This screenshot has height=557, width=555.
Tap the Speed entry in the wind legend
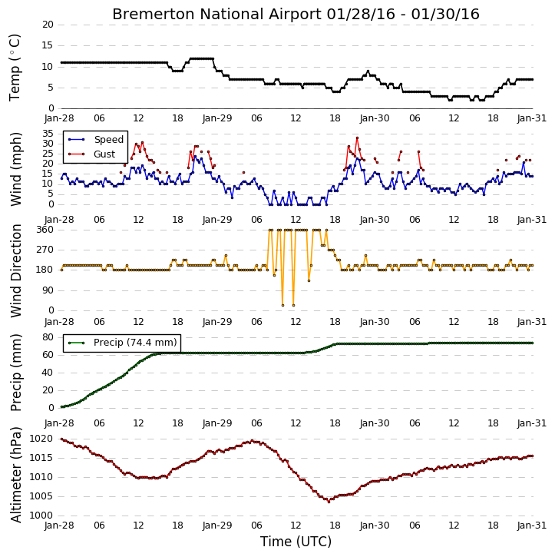pyautogui.click(x=108, y=139)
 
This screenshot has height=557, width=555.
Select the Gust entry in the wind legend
pyautogui.click(x=104, y=154)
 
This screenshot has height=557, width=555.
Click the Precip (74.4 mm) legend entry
pyautogui.click(x=135, y=343)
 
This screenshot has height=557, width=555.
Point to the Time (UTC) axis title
pyautogui.click(x=296, y=542)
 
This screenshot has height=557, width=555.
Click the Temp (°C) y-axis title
pyautogui.click(x=15, y=68)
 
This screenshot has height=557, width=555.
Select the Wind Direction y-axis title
pyautogui.click(x=16, y=270)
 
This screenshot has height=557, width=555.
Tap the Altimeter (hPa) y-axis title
pyautogui.click(x=16, y=475)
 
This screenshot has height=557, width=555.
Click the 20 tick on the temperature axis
pyautogui.click(x=48, y=25)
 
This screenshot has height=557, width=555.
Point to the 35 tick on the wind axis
pyautogui.click(x=48, y=134)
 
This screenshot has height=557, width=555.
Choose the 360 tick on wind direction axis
pyautogui.click(x=45, y=230)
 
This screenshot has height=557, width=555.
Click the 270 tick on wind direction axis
pyautogui.click(x=45, y=250)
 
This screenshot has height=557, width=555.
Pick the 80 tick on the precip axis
pyautogui.click(x=48, y=337)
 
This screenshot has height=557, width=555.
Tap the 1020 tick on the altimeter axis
pyautogui.click(x=41, y=439)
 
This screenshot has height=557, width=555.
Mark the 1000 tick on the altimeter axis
pyautogui.click(x=41, y=516)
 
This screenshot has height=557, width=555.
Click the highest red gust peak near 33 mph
pyautogui.click(x=357, y=138)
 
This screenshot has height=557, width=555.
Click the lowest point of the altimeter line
pyautogui.click(x=329, y=502)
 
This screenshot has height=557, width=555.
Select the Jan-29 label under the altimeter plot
pyautogui.click(x=217, y=526)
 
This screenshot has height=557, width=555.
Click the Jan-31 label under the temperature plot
pyautogui.click(x=531, y=118)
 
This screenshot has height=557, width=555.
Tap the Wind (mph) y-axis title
pyautogui.click(x=16, y=169)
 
